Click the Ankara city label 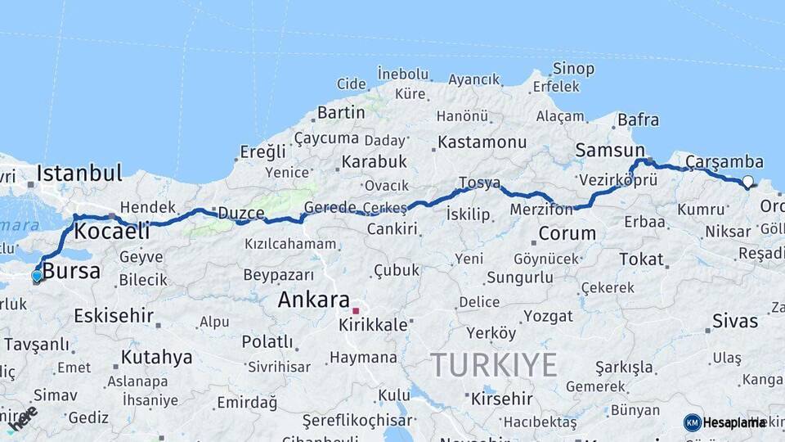(313, 300)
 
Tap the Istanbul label (79, 174)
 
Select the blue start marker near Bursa (37, 276)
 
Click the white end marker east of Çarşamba (747, 182)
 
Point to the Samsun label (610, 150)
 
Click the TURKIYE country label (494, 364)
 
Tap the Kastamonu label (482, 142)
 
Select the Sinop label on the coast (573, 69)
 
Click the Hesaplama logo (724, 422)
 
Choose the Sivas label (735, 320)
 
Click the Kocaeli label (112, 232)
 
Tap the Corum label (567, 233)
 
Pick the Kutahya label (156, 357)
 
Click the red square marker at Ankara (355, 311)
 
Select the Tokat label (641, 259)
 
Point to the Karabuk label (374, 161)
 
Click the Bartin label (341, 112)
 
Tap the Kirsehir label (501, 399)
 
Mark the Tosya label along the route (479, 183)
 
